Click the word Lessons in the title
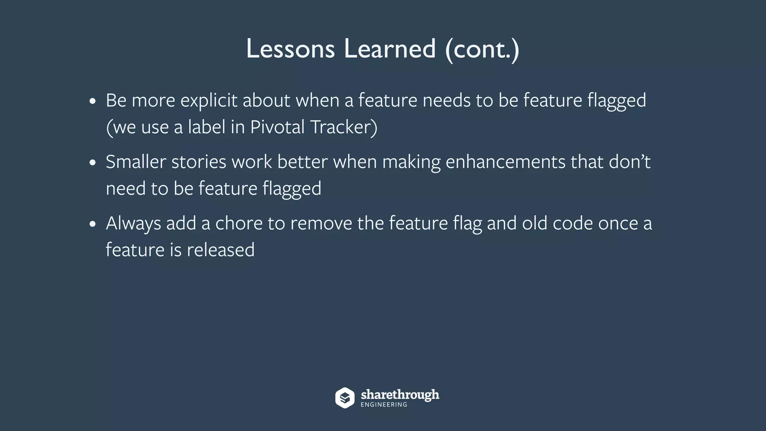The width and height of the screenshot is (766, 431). pyautogui.click(x=290, y=49)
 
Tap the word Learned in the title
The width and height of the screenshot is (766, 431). pyautogui.click(x=390, y=49)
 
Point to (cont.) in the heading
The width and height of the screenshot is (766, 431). pyautogui.click(x=482, y=49)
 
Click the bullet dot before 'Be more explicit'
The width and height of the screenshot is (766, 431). pyautogui.click(x=93, y=101)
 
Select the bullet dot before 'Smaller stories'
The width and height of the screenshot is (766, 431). pyautogui.click(x=93, y=163)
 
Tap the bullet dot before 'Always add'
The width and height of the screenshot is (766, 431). pyautogui.click(x=93, y=224)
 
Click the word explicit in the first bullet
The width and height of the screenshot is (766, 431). pyautogui.click(x=209, y=101)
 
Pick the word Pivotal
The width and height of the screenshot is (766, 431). pyautogui.click(x=277, y=127)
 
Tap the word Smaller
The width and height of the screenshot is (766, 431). pyautogui.click(x=136, y=162)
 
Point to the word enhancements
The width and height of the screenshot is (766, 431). pyautogui.click(x=505, y=162)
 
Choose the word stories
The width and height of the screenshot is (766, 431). pyautogui.click(x=199, y=162)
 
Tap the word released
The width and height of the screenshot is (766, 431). pyautogui.click(x=221, y=250)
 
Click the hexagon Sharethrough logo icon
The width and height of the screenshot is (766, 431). pyautogui.click(x=344, y=398)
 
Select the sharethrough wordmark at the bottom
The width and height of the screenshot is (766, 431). pyautogui.click(x=400, y=395)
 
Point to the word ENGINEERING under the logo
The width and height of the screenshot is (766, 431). pyautogui.click(x=384, y=405)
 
